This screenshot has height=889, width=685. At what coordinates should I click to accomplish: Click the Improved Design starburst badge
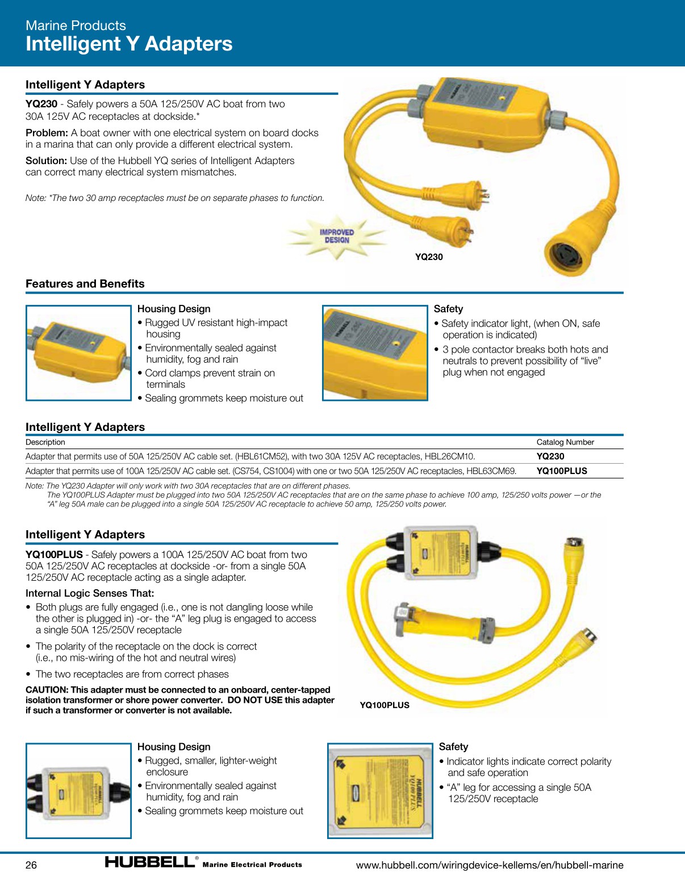337,236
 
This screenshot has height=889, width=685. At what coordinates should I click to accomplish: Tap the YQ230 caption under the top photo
429,257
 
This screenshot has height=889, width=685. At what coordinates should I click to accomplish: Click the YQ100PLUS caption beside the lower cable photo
385,705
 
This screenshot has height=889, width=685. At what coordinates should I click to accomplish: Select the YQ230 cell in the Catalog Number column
550,456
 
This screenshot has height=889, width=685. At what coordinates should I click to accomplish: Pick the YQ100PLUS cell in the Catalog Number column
562,471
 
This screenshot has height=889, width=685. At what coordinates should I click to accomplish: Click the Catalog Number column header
565,442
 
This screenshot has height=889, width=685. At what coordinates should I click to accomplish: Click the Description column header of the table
45,442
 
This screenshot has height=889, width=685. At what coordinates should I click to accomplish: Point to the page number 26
31,865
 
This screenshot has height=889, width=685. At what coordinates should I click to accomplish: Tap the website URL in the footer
490,865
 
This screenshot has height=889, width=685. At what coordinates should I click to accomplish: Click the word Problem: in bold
47,133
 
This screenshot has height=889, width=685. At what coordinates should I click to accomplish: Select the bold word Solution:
46,161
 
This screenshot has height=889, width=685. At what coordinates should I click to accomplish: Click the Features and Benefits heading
85,284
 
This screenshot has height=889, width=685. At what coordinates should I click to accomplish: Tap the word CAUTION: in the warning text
47,690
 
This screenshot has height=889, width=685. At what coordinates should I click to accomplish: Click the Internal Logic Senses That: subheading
90,593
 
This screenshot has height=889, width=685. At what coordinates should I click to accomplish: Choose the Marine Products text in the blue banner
76,26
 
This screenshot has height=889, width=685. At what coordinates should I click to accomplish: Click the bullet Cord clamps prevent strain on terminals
210,379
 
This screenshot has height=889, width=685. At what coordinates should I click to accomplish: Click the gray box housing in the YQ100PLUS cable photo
441,553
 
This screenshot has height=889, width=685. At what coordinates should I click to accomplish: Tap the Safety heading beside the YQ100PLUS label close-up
453,747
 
